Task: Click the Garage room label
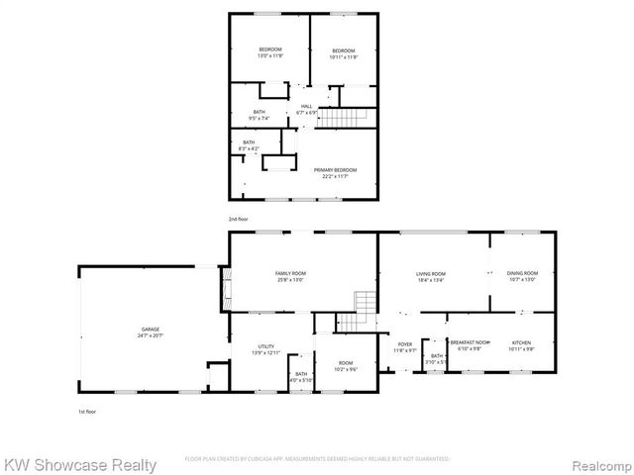pos(150,332)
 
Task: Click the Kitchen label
pos(521,345)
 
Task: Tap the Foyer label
pos(405,347)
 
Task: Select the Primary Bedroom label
pos(336,173)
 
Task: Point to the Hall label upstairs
pos(306,109)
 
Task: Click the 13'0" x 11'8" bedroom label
pos(270,53)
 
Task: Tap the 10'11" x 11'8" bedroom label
pos(343,53)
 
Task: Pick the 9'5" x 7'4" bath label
pos(259,115)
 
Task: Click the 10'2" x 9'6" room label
pos(345,366)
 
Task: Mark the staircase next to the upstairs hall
pos(348,118)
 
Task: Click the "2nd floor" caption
pos(238,218)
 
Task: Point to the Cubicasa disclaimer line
pos(317,459)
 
